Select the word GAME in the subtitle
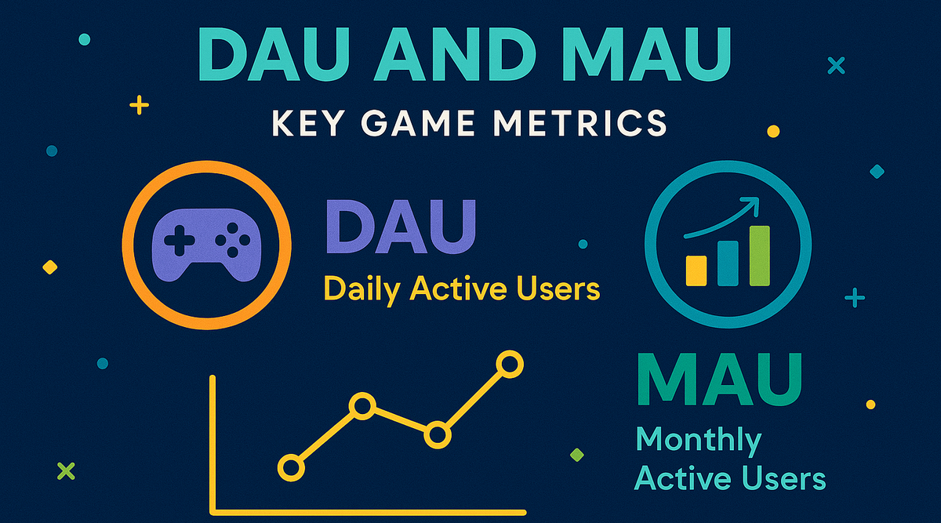coord(416,124)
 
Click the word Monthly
coord(698,441)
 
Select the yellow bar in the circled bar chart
coord(696,269)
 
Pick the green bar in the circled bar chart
coord(759,255)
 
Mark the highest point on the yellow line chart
coord(510,364)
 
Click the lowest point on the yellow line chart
coord(291,468)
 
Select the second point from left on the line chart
coord(362,406)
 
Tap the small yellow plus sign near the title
coord(140,105)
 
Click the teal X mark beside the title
coord(836,66)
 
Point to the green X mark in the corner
coord(66,470)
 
